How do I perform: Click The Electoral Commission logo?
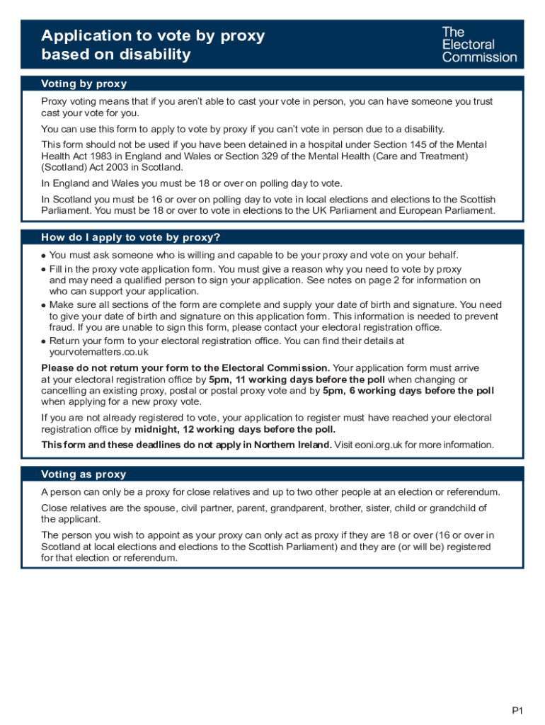[479, 44]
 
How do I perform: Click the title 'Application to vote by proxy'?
[153, 36]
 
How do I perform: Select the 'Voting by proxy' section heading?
[84, 84]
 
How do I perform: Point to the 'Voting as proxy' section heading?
[84, 474]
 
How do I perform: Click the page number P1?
[518, 710]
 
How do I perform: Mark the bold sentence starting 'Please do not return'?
[185, 368]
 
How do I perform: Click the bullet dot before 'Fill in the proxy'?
[44, 270]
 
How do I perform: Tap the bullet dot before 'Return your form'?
[44, 341]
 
